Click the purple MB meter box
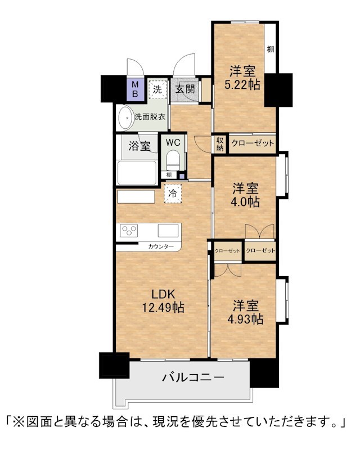135,89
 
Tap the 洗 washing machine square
157,89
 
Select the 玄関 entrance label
186,89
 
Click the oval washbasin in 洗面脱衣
126,118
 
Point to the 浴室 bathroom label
139,146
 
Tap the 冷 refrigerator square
173,193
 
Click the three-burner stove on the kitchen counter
129,231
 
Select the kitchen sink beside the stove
168,231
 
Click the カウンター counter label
161,246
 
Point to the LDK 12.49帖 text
163,300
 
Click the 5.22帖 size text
242,85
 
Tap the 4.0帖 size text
245,202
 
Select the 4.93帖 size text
245,319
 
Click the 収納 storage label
220,144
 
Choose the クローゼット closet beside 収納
253,143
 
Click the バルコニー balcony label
193,377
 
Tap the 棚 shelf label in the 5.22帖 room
271,49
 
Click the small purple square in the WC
182,176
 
